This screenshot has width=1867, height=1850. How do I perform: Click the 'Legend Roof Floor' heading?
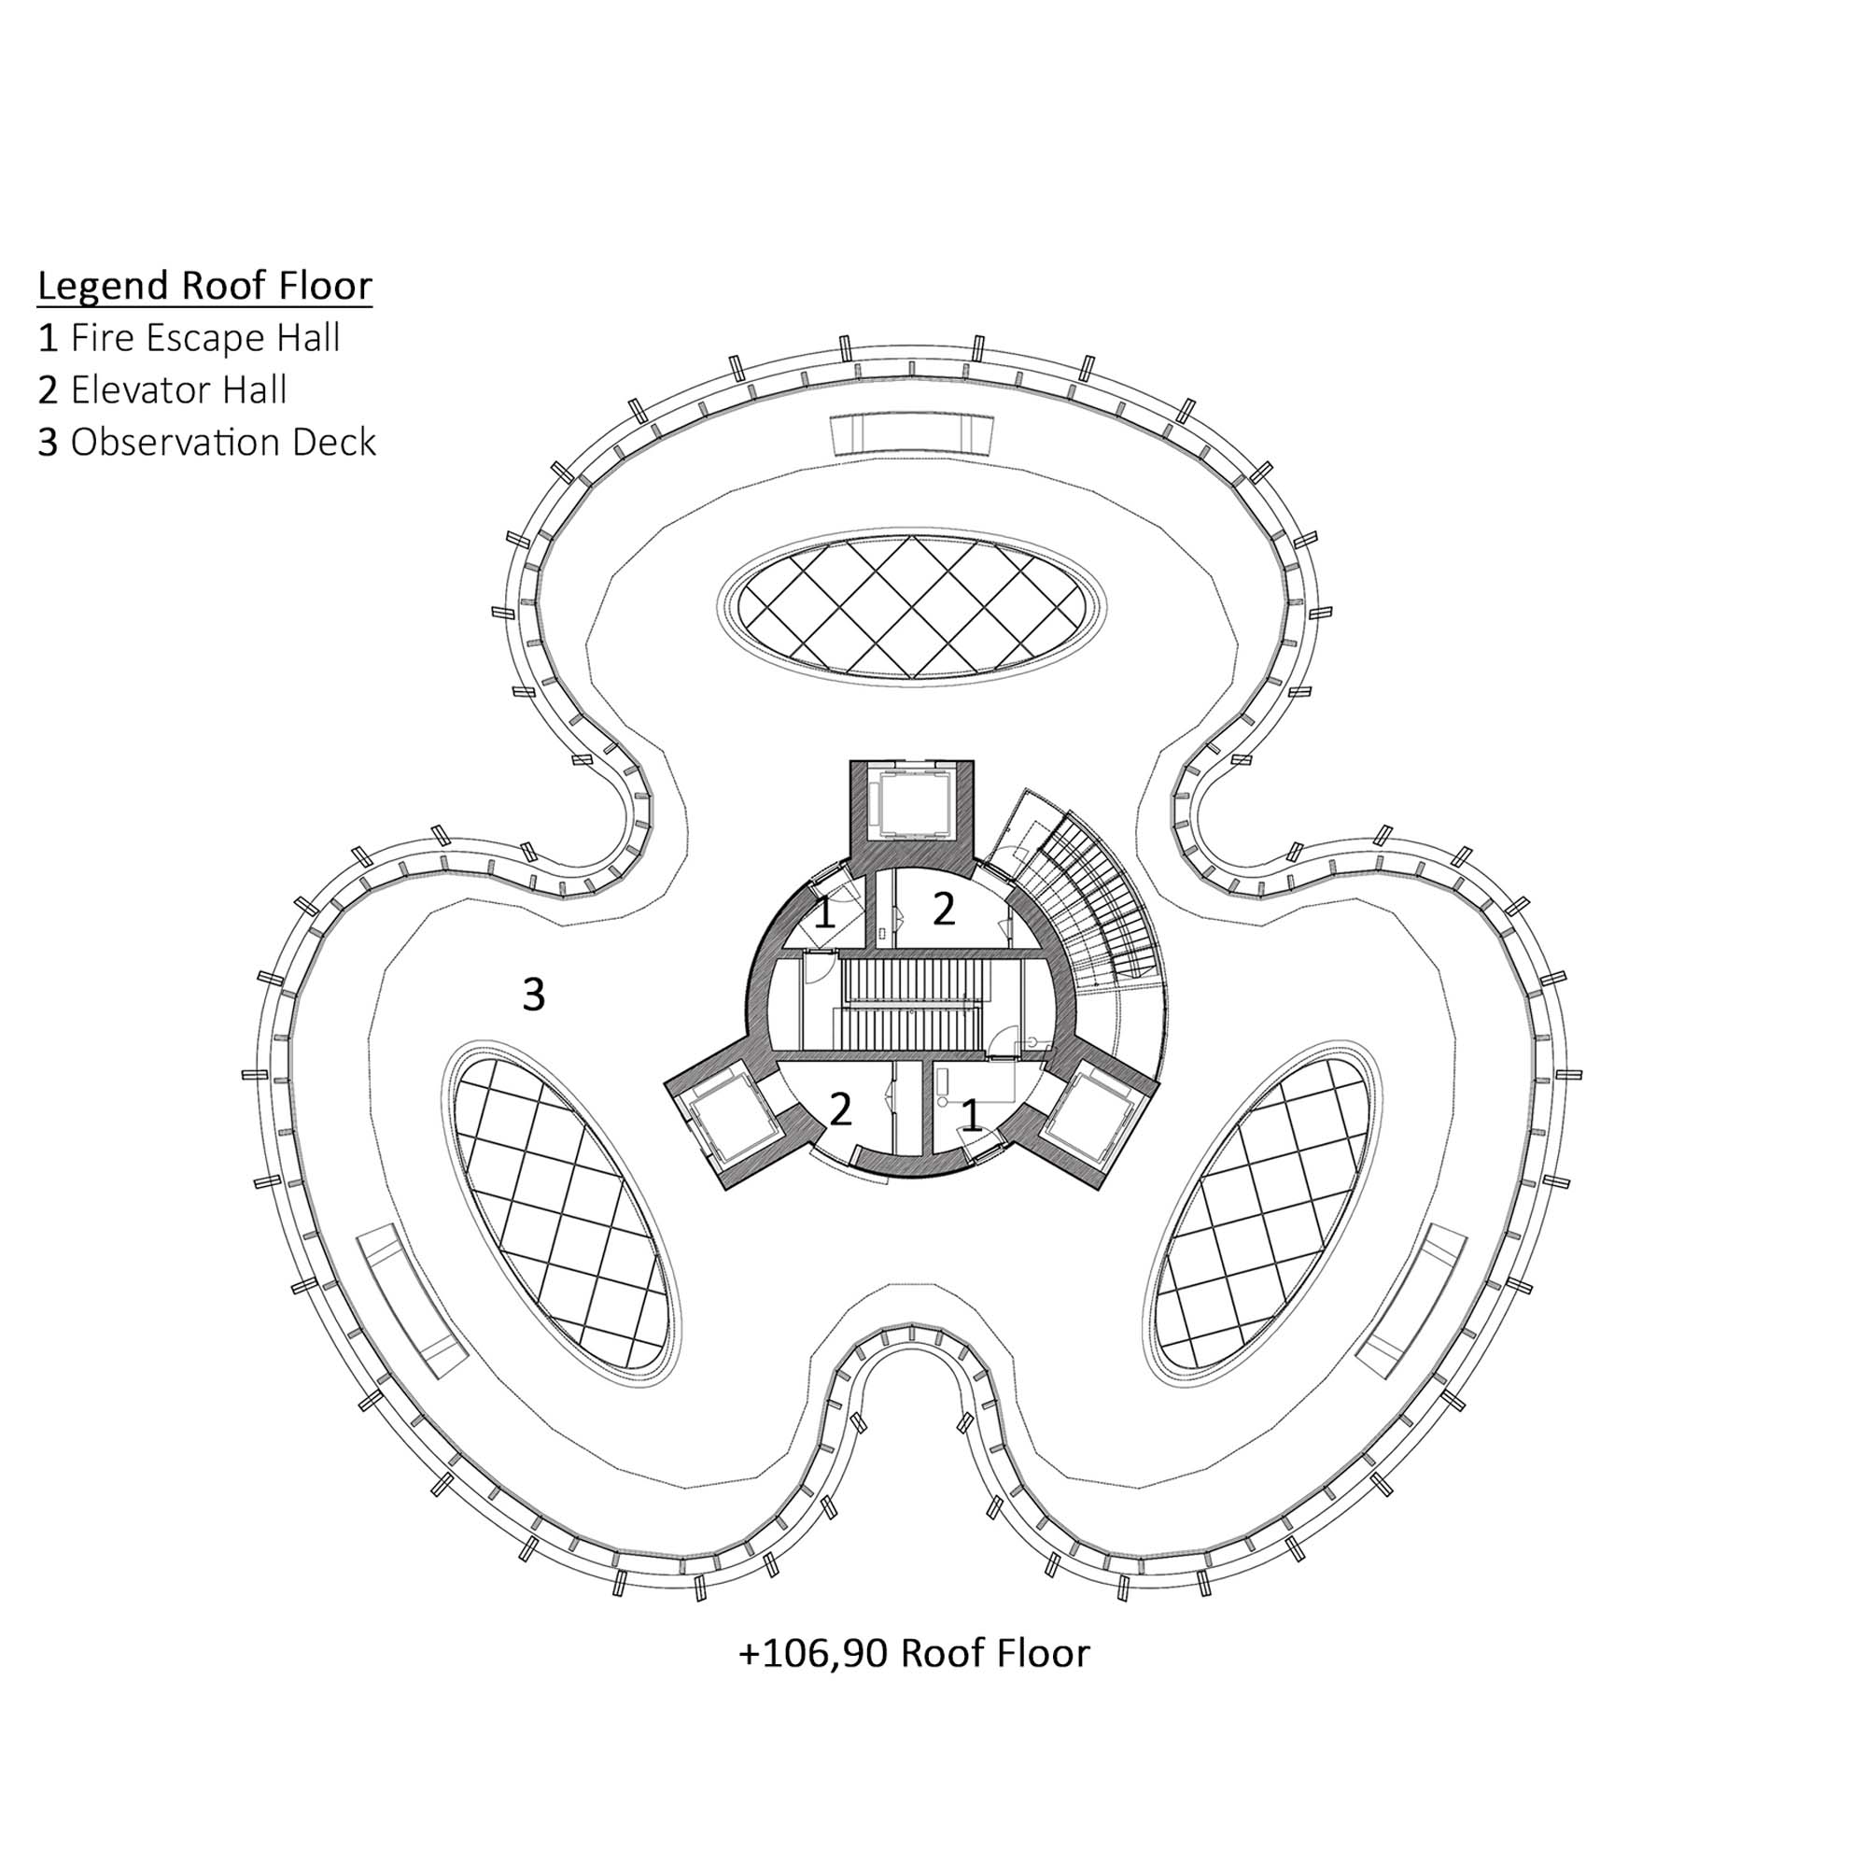pyautogui.click(x=204, y=286)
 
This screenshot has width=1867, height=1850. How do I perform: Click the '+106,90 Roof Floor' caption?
pyautogui.click(x=914, y=1653)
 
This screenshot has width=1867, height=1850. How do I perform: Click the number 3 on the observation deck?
pyautogui.click(x=533, y=995)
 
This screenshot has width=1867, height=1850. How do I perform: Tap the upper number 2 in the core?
pyautogui.click(x=943, y=909)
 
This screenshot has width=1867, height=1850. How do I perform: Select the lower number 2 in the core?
pyautogui.click(x=841, y=1109)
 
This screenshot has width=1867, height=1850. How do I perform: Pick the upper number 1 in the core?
pyautogui.click(x=824, y=913)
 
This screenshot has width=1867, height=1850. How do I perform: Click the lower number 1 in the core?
pyautogui.click(x=972, y=1117)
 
